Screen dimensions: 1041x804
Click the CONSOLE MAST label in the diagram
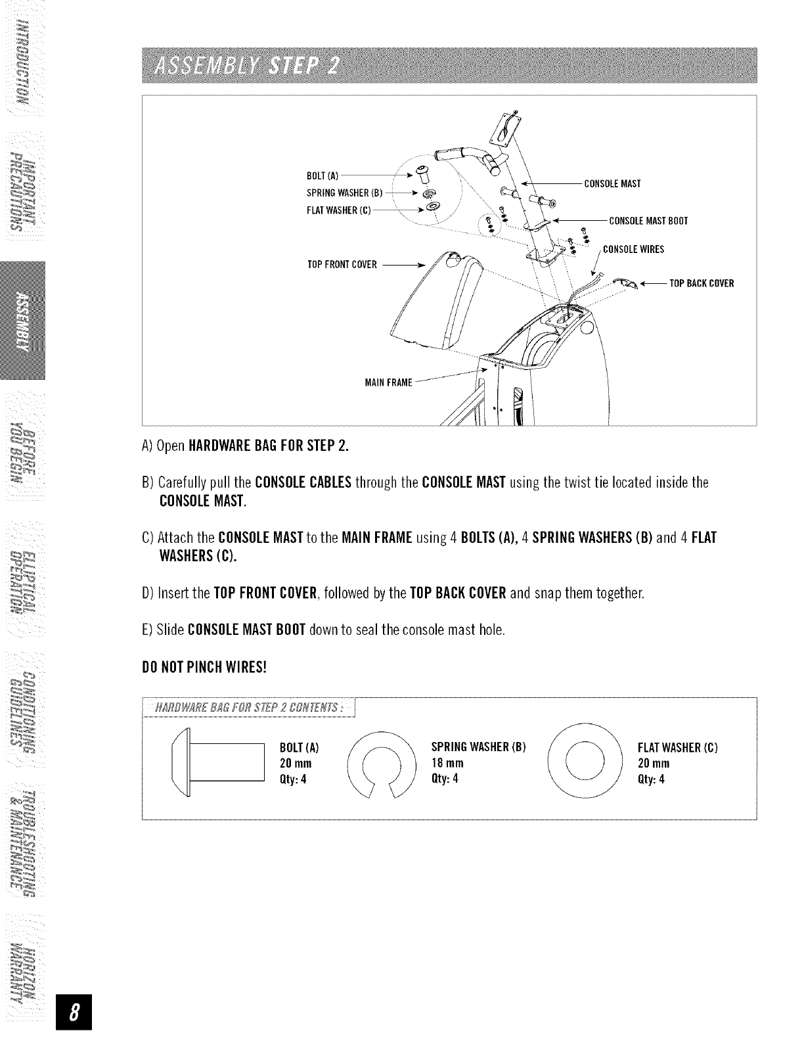coord(612,183)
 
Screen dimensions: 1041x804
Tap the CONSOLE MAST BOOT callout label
coord(648,221)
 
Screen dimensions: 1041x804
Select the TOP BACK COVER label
coord(701,284)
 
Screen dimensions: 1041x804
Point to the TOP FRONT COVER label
coord(342,265)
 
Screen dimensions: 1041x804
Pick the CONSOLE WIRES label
coord(633,249)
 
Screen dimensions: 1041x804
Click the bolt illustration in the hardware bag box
coord(217,762)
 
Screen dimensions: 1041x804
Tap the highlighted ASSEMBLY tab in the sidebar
coord(23,320)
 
